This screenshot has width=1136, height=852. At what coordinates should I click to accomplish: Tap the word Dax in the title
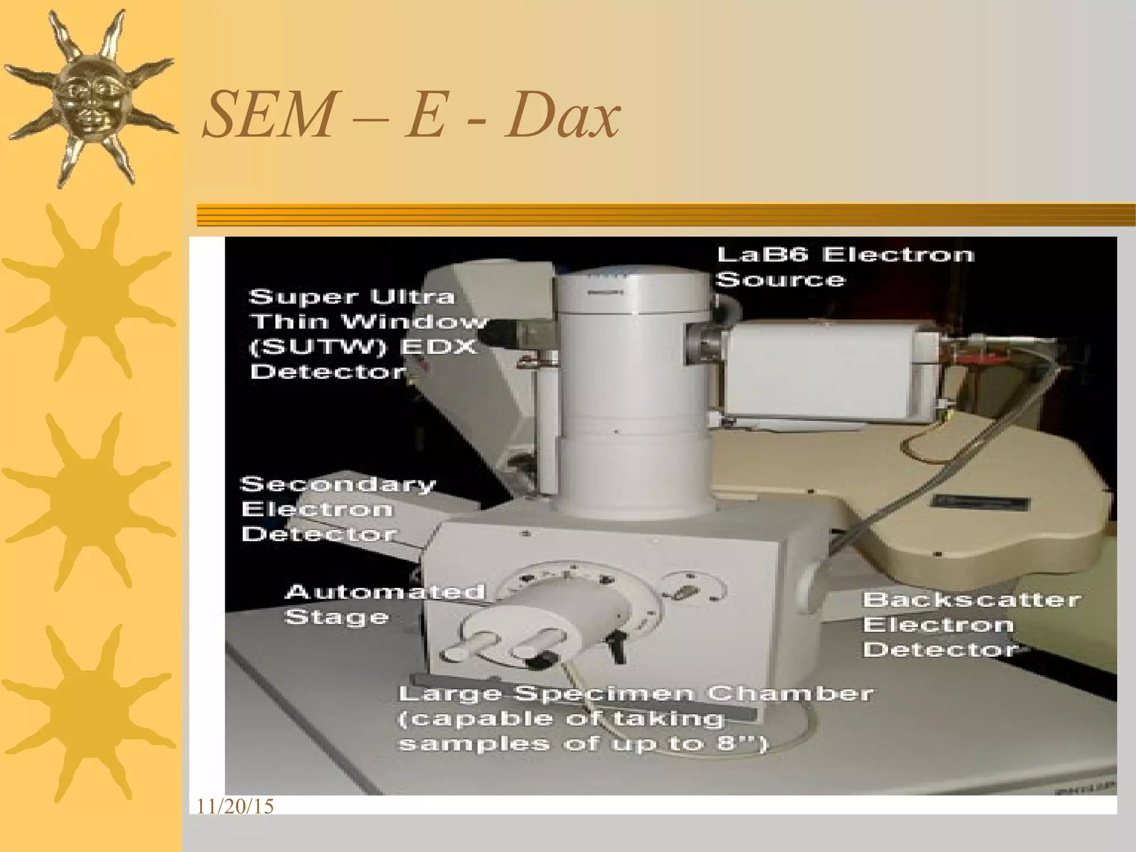[x=561, y=115]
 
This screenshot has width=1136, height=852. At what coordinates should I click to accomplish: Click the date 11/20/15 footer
[x=235, y=807]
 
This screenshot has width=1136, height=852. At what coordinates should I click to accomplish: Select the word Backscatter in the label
[x=971, y=600]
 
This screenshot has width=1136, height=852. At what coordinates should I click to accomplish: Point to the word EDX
[x=438, y=347]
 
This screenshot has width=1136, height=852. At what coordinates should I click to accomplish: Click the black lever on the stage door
[x=616, y=646]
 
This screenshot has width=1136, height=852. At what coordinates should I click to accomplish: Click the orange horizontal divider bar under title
[x=666, y=215]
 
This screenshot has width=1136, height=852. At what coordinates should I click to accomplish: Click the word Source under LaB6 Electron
[x=780, y=280]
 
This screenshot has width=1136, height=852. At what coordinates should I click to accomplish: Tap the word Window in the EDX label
[x=414, y=322]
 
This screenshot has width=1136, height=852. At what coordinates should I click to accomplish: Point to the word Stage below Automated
[x=336, y=617]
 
